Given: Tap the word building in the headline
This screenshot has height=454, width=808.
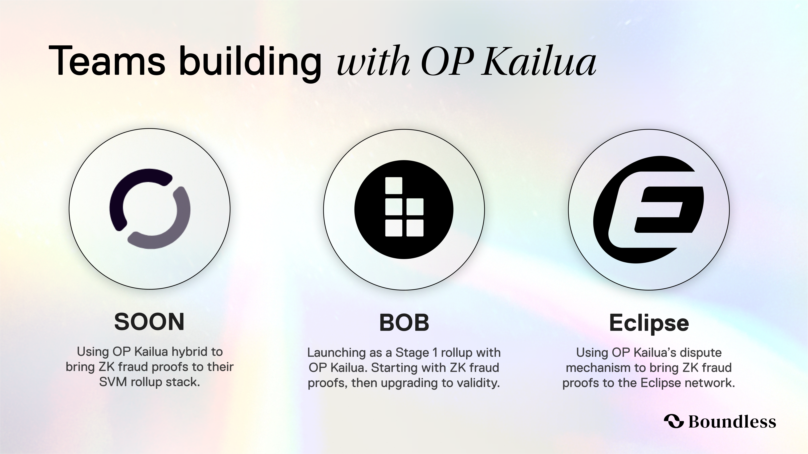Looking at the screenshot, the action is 250,63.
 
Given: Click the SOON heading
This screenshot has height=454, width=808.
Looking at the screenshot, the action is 149,322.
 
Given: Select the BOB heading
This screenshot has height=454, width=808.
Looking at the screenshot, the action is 404,323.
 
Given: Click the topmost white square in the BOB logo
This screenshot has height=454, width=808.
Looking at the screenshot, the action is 394,186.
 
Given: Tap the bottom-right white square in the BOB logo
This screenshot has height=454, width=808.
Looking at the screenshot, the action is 415,228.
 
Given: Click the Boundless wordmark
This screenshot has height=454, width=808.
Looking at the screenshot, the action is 732,421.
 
